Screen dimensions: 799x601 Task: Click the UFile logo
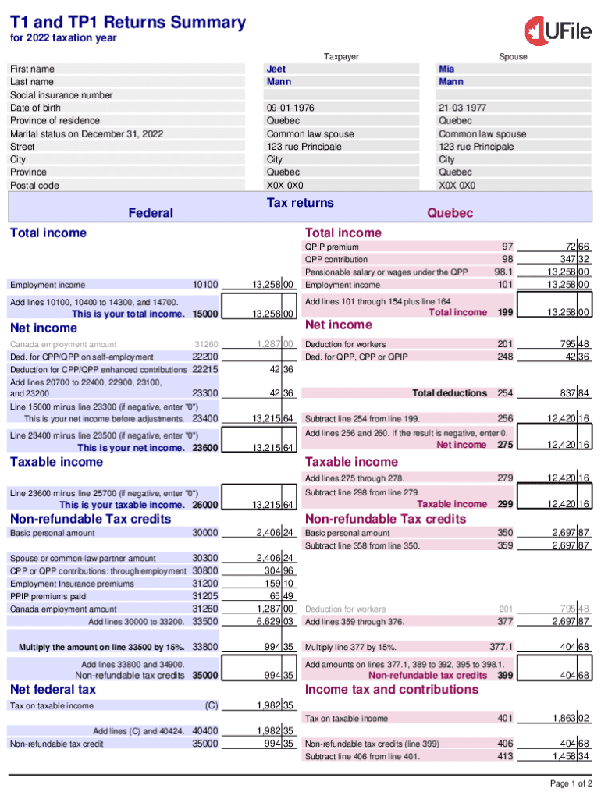[x=557, y=30]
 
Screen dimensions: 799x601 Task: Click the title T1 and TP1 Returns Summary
[x=128, y=23]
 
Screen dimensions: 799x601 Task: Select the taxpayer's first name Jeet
[x=276, y=69]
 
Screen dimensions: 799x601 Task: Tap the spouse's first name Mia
[x=446, y=69]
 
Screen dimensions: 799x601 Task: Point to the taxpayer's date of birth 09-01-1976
[x=290, y=108]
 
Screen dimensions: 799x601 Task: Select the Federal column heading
[x=151, y=213]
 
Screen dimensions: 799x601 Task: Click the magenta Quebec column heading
[x=450, y=213]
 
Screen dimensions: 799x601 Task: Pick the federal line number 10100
[x=205, y=285]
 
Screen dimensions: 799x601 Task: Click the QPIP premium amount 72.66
[x=573, y=247]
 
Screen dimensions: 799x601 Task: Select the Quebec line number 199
[x=505, y=312]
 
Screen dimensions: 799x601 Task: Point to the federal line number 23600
[x=205, y=448]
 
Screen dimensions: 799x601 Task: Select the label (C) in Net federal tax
[x=211, y=706]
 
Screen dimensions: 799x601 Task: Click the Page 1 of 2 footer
[x=571, y=783]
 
